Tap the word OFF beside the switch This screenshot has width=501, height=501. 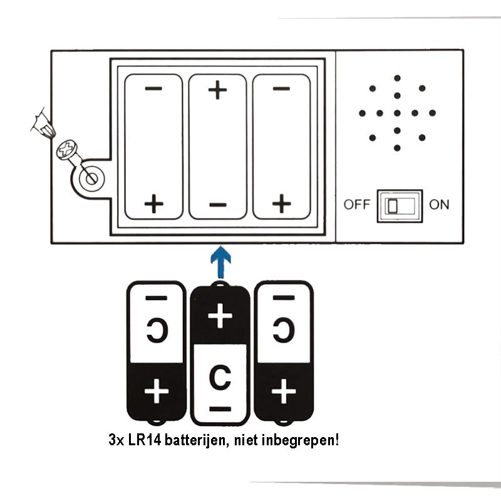(357, 205)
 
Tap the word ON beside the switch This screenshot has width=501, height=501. (439, 205)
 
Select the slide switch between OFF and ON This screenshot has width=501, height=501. (400, 205)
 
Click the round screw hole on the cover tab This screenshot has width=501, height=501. (91, 178)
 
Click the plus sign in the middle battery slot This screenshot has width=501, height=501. (217, 91)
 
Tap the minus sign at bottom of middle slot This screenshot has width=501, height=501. (217, 204)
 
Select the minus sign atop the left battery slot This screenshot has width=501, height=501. (153, 88)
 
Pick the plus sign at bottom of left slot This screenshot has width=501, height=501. (153, 204)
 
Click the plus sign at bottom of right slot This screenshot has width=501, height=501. (282, 204)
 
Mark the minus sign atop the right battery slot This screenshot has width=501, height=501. (282, 88)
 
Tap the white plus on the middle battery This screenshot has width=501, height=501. (219, 317)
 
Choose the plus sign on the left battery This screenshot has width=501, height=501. (156, 393)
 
